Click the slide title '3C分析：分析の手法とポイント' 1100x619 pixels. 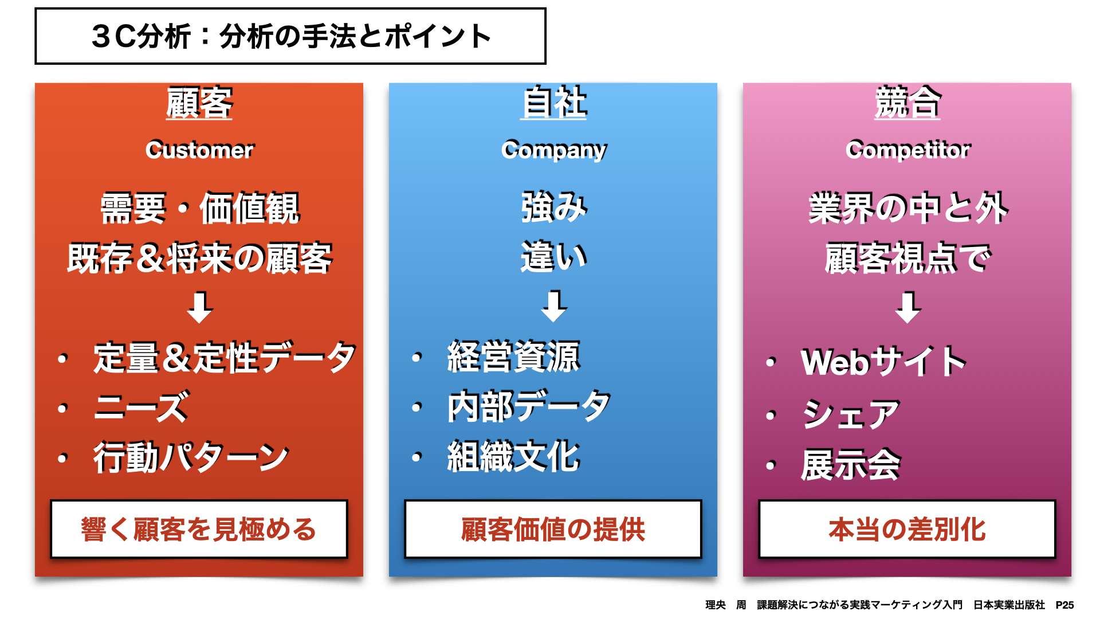tap(291, 36)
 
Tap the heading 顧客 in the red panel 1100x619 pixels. tap(199, 103)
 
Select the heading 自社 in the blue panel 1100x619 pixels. tap(553, 103)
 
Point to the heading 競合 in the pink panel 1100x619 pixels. tap(907, 103)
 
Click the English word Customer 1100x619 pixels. tap(199, 150)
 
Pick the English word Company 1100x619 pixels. tap(553, 150)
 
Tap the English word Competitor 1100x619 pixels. tap(908, 150)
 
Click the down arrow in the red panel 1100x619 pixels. tap(200, 308)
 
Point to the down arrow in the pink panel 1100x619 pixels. tap(908, 308)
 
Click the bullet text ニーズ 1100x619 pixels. tap(142, 407)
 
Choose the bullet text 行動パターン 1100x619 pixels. tap(191, 457)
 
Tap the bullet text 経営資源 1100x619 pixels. tap(514, 356)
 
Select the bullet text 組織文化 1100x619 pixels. tap(514, 457)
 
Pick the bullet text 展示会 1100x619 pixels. tap(851, 464)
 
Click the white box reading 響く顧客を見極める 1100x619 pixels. tap(199, 529)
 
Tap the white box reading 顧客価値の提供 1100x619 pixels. tap(553, 529)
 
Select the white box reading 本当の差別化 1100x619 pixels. tap(907, 529)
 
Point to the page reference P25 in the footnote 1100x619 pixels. tap(1064, 605)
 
